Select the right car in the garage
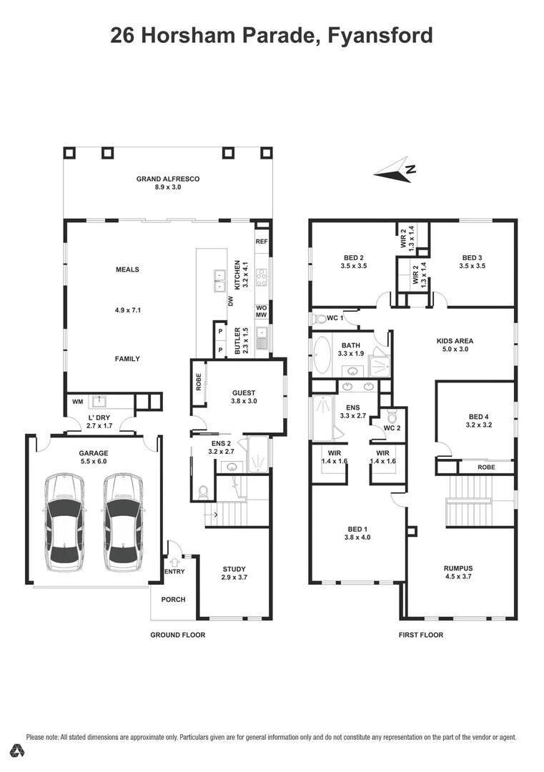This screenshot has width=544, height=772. pos(120,522)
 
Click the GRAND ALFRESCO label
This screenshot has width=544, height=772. pos(167,179)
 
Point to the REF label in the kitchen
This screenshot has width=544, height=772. pos(262,242)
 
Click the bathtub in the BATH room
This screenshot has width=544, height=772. pos(322,355)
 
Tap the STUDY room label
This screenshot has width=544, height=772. pos(234,569)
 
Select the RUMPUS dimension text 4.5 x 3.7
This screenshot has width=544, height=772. pos(459,578)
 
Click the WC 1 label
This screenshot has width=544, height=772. pos(335,317)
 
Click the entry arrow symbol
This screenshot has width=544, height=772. pos(174,562)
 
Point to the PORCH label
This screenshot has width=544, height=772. pos(174,599)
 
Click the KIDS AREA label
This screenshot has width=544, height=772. pos(455,341)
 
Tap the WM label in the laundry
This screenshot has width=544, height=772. pos(77,402)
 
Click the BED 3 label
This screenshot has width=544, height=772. pos(473,258)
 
